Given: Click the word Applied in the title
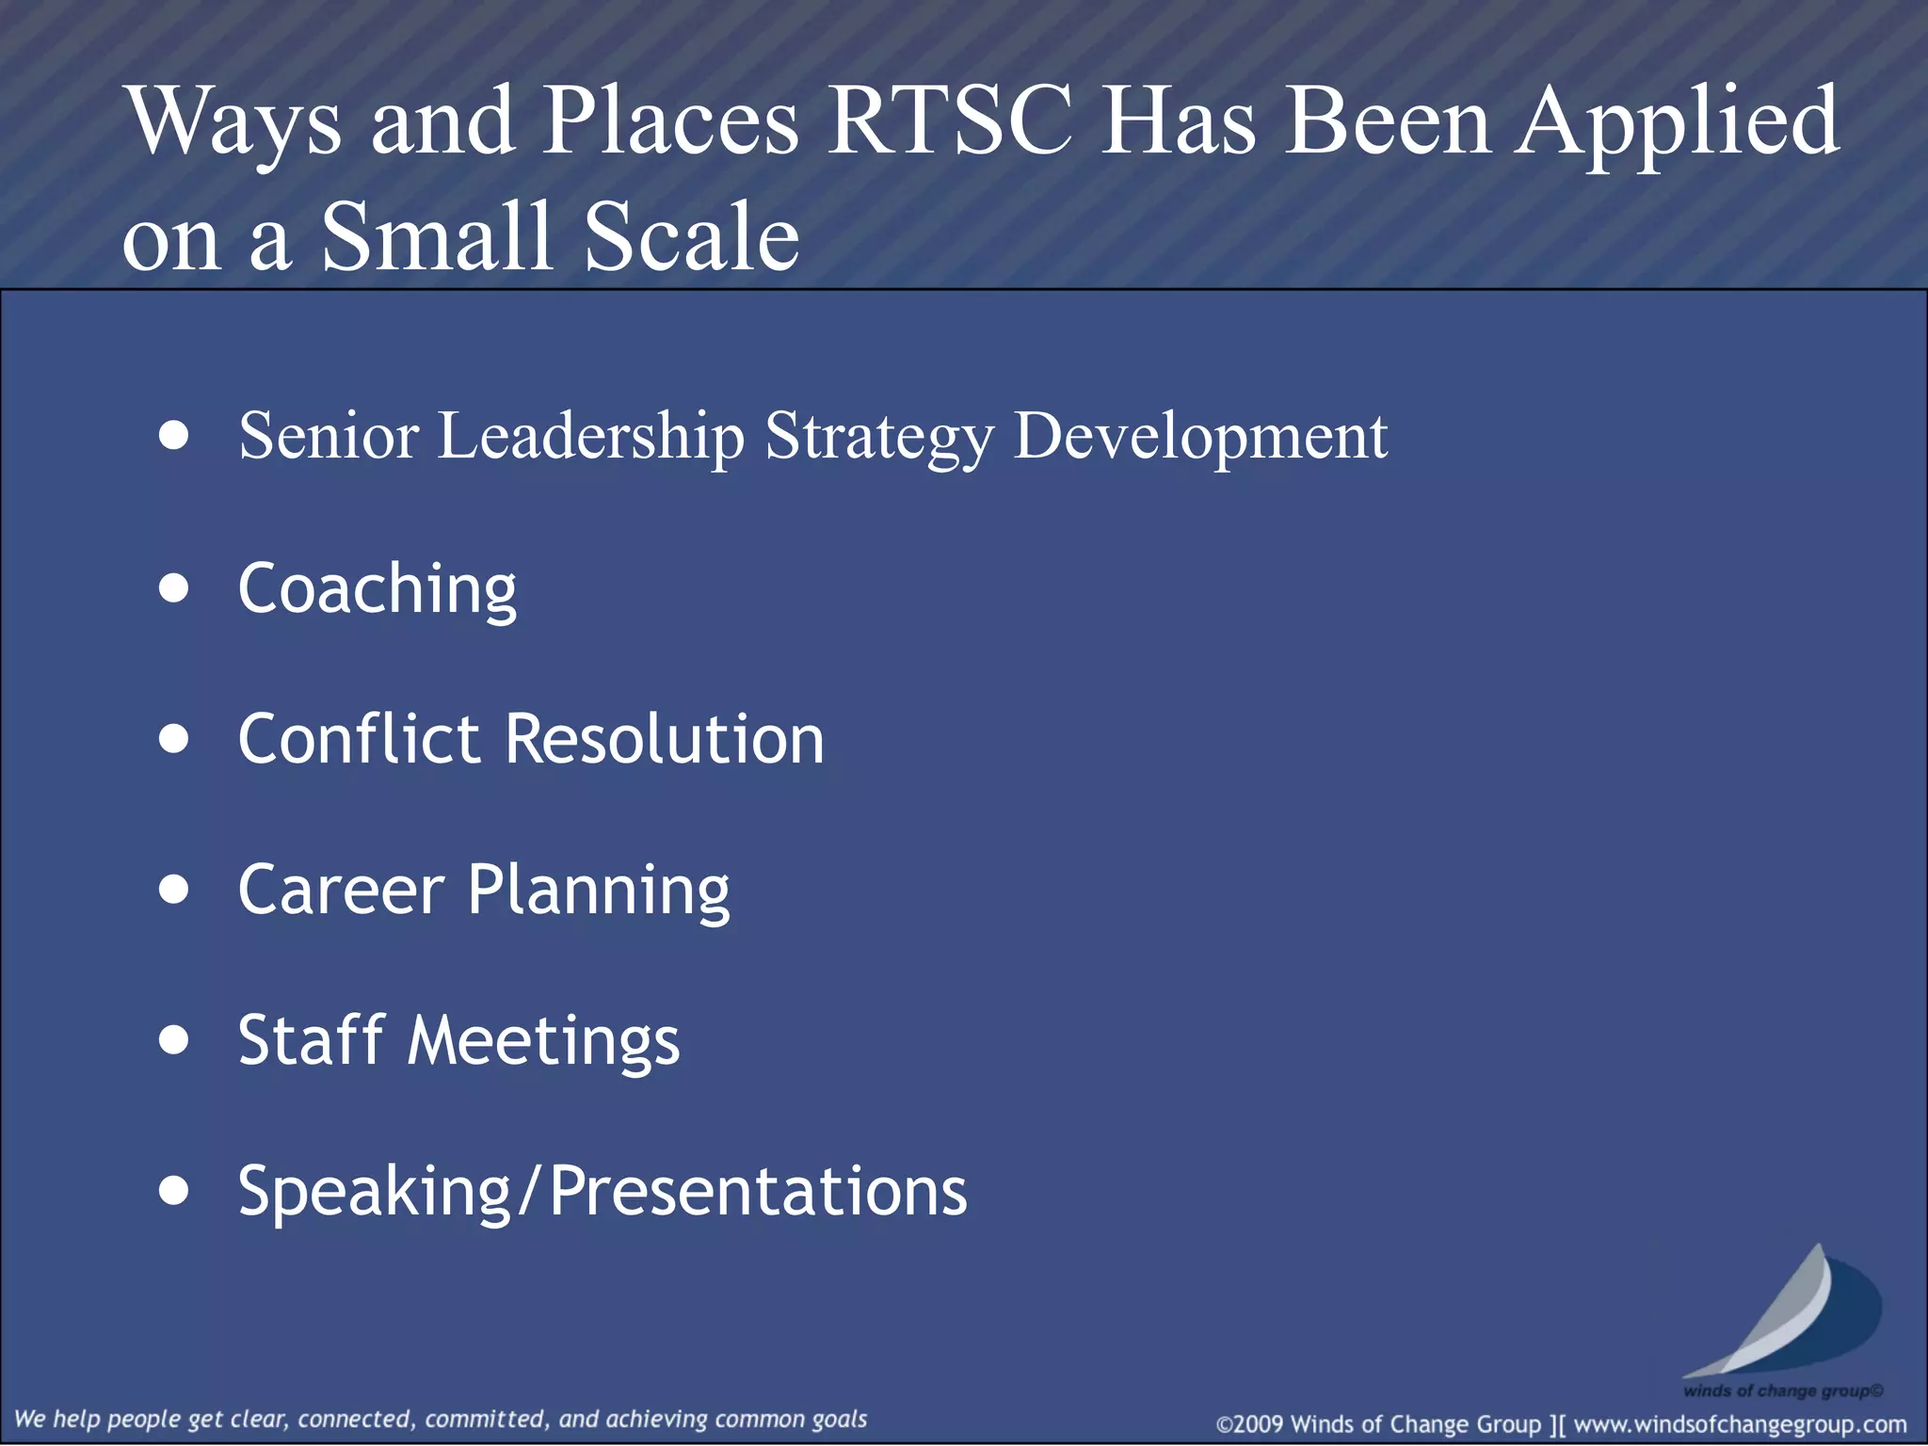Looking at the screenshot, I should pyautogui.click(x=1679, y=122).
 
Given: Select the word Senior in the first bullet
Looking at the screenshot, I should pyautogui.click(x=329, y=436).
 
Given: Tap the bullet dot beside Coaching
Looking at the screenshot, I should pyautogui.click(x=174, y=588).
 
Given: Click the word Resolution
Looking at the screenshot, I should pyautogui.click(x=665, y=739).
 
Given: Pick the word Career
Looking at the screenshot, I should pyautogui.click(x=341, y=890).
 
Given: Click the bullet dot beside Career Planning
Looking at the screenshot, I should pyautogui.click(x=174, y=890).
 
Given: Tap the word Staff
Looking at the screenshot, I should pyautogui.click(x=312, y=1040).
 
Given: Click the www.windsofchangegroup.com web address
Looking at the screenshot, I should pyautogui.click(x=1740, y=1424).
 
